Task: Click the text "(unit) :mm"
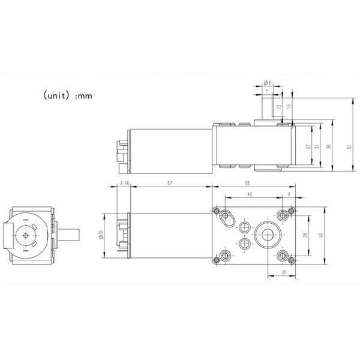(67, 95)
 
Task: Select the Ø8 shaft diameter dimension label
(267, 82)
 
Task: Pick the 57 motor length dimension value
(170, 184)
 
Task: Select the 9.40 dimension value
(124, 184)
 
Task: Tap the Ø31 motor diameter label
(103, 236)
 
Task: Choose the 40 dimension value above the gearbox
(250, 194)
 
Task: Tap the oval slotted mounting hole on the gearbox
(227, 217)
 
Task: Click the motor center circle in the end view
(26, 235)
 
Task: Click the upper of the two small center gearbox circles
(244, 226)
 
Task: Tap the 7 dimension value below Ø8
(266, 91)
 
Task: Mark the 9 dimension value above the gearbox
(289, 194)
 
